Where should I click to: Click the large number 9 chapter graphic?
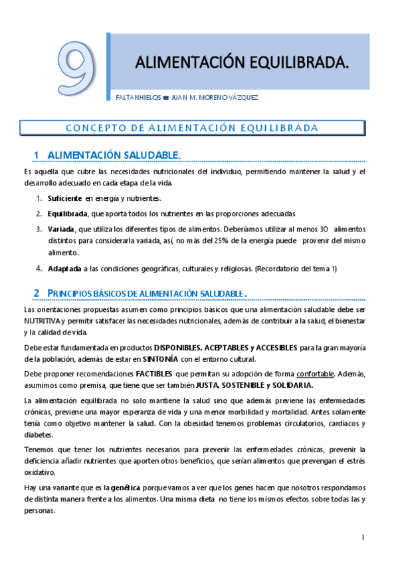[x=76, y=69]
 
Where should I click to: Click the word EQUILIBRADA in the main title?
[x=294, y=63]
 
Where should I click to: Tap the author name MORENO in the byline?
[x=215, y=98]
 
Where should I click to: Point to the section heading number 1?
[x=37, y=155]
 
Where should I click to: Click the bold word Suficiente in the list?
[x=65, y=198]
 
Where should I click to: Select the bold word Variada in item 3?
[x=60, y=229]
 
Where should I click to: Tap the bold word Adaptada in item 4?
[x=64, y=269]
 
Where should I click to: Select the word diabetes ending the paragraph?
[x=38, y=435]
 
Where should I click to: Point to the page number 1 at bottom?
[x=363, y=537]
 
